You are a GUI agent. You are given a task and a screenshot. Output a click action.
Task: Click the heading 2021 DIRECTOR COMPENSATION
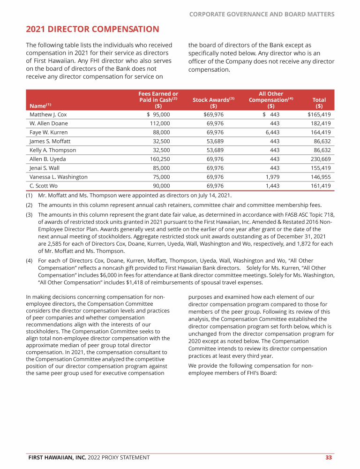point(92,30)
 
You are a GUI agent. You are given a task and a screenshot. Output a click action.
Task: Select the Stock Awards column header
point(213,100)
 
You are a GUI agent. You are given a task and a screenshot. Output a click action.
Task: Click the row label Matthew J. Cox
point(48,114)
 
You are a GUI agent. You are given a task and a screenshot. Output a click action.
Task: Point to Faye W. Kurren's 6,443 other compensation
point(272,132)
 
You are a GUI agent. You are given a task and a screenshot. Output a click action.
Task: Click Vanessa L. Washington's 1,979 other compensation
point(272,177)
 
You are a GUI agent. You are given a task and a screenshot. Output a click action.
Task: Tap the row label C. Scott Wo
point(45,186)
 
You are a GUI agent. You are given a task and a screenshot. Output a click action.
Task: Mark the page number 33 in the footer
point(329,457)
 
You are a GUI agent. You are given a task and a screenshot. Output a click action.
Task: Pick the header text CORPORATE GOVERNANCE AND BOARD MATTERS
point(262,15)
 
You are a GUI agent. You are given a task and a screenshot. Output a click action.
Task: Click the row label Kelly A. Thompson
point(52,150)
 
